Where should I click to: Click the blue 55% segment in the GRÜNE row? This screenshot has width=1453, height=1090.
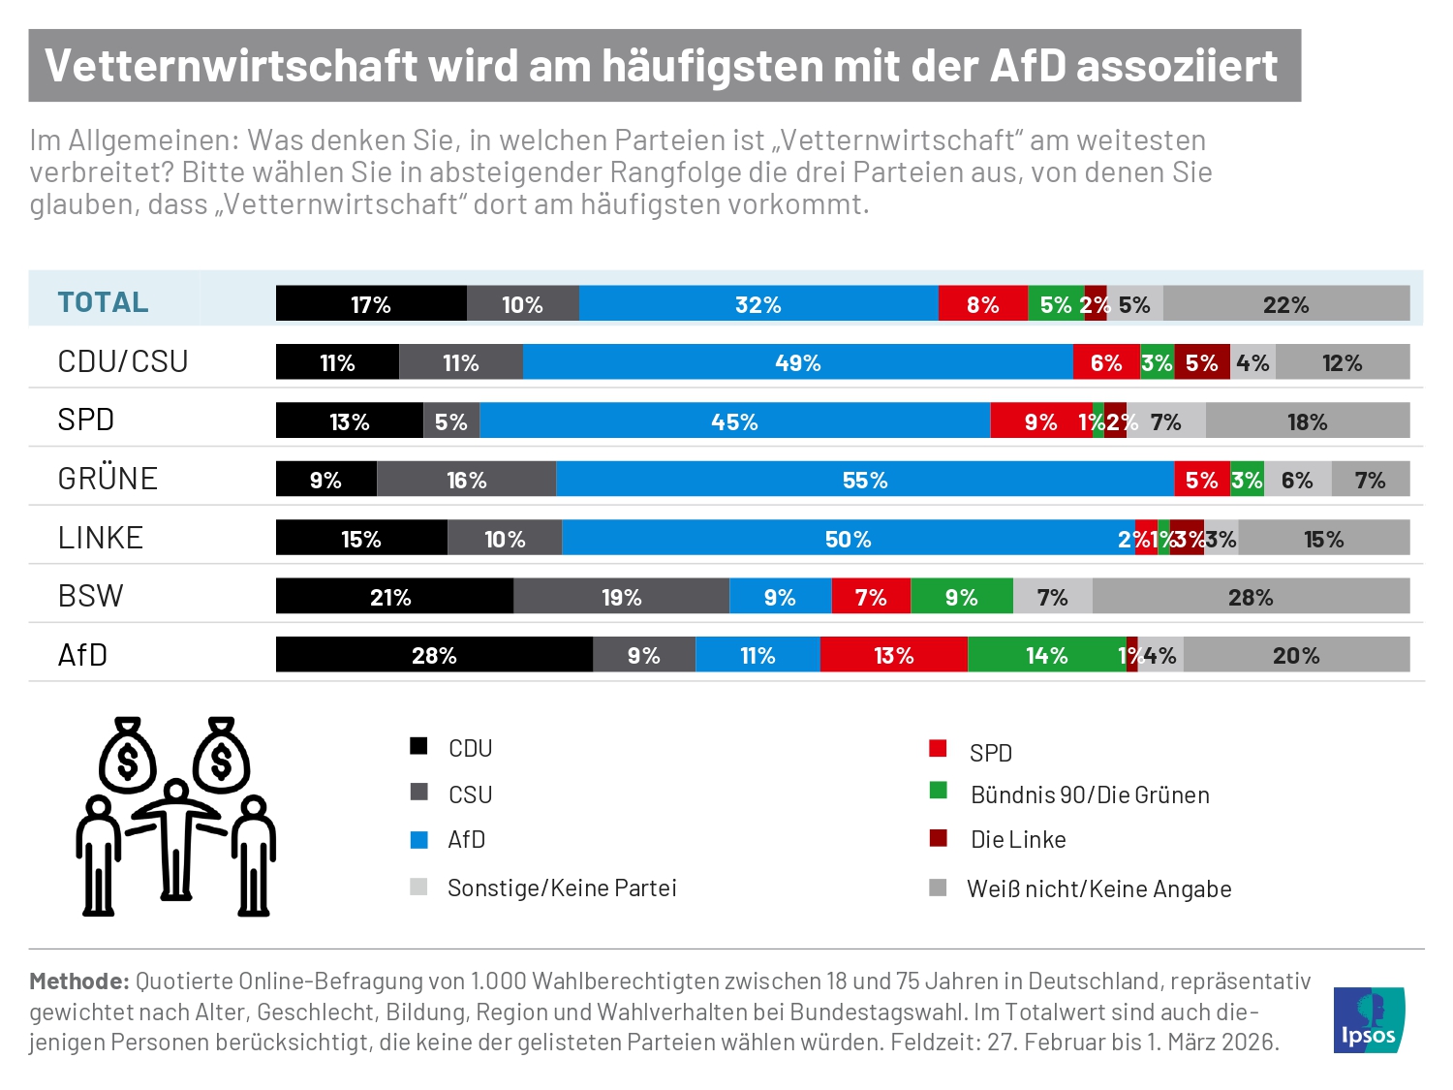click(x=865, y=480)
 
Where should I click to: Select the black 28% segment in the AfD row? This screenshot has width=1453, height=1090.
click(x=434, y=655)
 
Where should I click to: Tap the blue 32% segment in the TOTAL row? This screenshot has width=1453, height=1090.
click(x=758, y=304)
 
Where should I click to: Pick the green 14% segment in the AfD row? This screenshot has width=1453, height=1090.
click(x=1046, y=655)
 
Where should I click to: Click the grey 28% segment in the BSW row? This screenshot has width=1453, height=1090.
click(x=1251, y=597)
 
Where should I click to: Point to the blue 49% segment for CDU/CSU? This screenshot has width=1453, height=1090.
click(x=797, y=362)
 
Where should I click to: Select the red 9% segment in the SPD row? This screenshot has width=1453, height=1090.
click(x=1040, y=421)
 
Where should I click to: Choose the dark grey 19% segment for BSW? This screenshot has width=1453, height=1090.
click(x=621, y=597)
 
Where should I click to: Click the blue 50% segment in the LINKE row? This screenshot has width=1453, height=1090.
click(x=848, y=539)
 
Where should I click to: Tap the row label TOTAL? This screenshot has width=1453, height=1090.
click(x=103, y=302)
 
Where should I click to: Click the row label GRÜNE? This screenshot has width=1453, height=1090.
click(x=108, y=479)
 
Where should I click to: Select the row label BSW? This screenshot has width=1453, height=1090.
click(x=91, y=596)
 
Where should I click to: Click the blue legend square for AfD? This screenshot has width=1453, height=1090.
click(x=419, y=840)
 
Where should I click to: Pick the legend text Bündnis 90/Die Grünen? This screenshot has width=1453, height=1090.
click(x=1090, y=795)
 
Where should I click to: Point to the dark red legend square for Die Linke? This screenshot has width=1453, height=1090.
click(x=938, y=838)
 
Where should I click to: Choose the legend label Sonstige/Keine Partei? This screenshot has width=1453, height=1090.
click(x=562, y=888)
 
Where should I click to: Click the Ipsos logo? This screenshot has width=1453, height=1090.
click(x=1369, y=1019)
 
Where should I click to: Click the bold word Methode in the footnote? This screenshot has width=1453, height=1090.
click(x=78, y=981)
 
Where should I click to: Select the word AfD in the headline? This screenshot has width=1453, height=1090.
click(x=1027, y=66)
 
